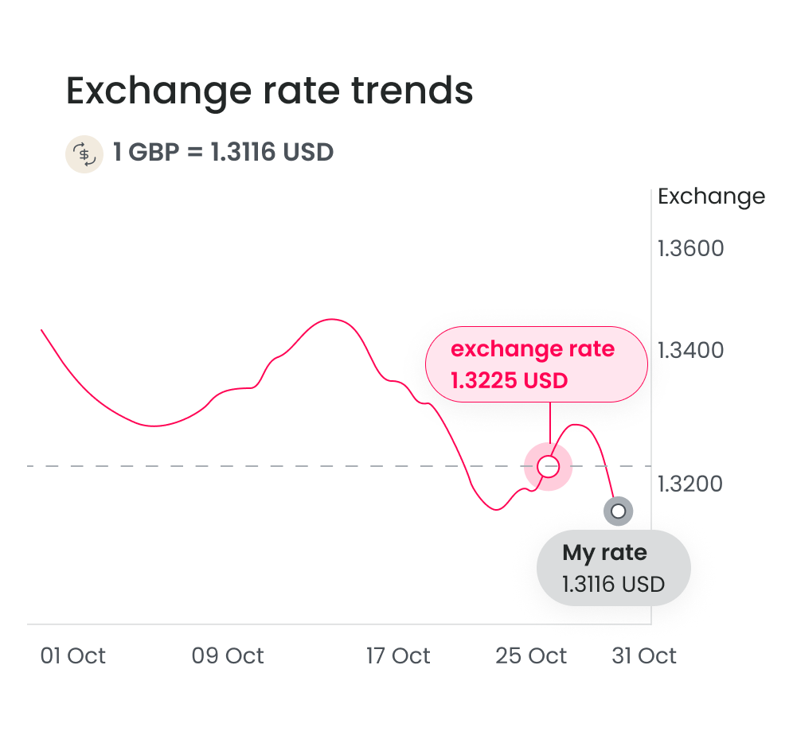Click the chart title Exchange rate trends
coord(269,91)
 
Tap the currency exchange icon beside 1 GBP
coord(84,153)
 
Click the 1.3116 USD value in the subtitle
coord(271,152)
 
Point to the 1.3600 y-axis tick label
coord(690,249)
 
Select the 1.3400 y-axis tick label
coord(690,349)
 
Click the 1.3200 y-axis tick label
coord(690,484)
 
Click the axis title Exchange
coord(711,196)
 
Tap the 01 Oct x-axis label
coord(73,656)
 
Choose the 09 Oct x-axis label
coord(228,656)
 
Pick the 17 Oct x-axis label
coord(398,656)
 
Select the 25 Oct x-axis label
coord(531,656)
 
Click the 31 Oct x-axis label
coord(644,656)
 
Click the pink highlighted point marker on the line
coord(548,466)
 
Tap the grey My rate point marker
coord(618,511)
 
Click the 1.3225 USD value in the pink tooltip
coord(510,380)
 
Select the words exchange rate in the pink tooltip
coord(533,349)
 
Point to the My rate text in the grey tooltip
coord(604,553)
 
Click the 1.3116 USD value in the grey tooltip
coord(613,585)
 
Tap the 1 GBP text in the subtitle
coord(146,152)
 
